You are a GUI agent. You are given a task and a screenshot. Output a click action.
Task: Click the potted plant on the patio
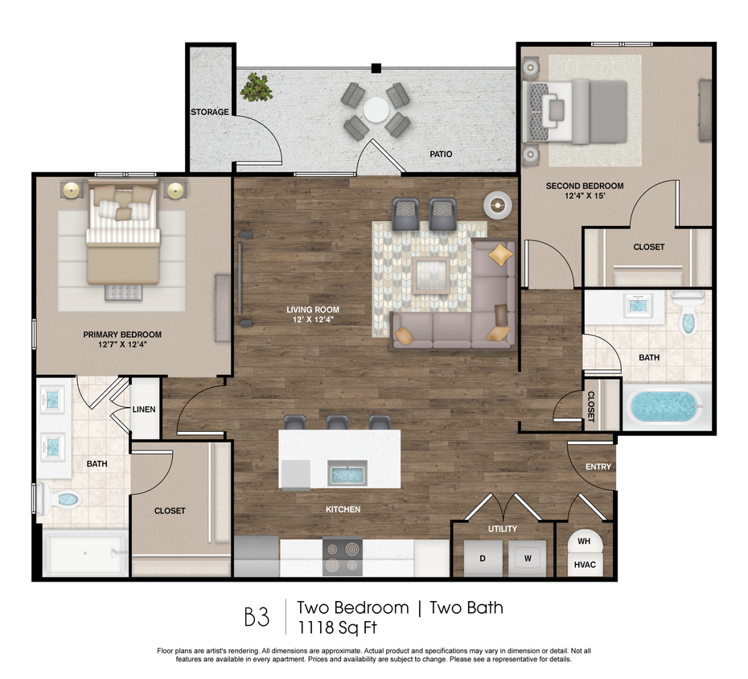coord(257,86)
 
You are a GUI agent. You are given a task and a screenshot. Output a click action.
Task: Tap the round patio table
coord(376,110)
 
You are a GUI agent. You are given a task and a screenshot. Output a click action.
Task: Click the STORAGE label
coord(210,112)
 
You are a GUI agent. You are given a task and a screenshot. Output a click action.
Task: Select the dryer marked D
coord(483,558)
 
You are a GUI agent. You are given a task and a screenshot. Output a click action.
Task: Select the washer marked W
coord(527,558)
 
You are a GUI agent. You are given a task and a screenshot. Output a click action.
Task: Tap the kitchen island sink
coord(347,474)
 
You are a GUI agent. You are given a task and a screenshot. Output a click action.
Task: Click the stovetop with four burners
coord(342,557)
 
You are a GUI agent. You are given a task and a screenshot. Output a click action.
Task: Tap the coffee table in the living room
coord(430,275)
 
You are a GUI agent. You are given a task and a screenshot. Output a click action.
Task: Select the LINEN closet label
coord(144,409)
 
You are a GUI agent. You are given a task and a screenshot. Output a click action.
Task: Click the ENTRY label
coord(598,467)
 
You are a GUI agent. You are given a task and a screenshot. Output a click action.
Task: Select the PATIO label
coord(440,154)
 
